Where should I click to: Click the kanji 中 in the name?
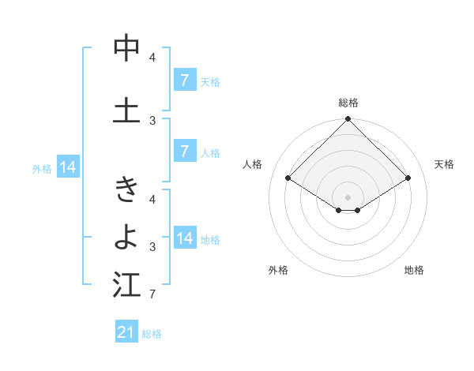point(126,49)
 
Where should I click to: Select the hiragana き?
point(126,190)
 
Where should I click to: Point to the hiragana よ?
point(126,235)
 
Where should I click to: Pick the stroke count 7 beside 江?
point(152,294)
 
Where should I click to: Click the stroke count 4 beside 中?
point(152,58)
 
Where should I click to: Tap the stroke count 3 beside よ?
point(152,247)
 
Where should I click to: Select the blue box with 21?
point(126,332)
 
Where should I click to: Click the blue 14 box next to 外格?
point(67,167)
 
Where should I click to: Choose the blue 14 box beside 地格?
point(185,238)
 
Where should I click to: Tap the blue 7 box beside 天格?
point(185,81)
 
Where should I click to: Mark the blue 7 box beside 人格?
point(185,152)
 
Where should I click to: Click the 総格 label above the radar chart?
point(348,103)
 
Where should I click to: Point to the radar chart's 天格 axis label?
point(444,164)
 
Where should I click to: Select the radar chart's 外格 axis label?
point(278,270)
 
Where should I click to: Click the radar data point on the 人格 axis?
point(288,178)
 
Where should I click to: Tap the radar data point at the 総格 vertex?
point(348,119)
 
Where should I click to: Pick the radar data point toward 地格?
point(358,210)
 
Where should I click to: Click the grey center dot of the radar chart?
point(348,197)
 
